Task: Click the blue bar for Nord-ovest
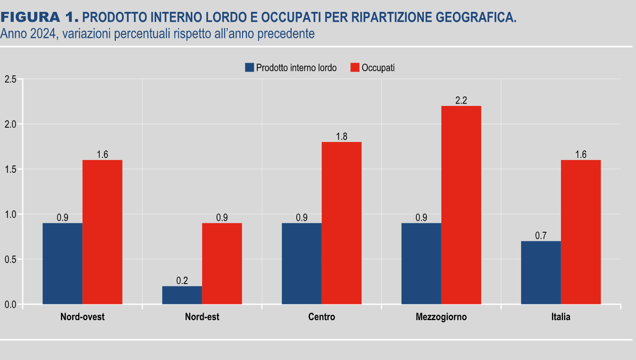point(62,264)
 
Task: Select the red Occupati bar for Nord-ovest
point(102,232)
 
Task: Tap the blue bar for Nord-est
point(182,295)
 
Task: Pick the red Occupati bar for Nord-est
point(222,264)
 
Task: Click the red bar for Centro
point(341,223)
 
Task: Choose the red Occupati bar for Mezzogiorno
point(461,205)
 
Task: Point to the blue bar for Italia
point(541,273)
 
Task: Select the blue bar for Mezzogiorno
point(421,264)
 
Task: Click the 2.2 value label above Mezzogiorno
point(461,101)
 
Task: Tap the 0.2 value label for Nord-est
point(182,281)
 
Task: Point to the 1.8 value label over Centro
point(341,137)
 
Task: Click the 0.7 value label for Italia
point(541,236)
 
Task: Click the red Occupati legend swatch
point(355,67)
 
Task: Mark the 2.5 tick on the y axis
point(10,79)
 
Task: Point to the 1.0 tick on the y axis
point(10,215)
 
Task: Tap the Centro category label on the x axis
point(321,317)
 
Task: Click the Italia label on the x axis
point(561,317)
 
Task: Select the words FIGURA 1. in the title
point(39,18)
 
